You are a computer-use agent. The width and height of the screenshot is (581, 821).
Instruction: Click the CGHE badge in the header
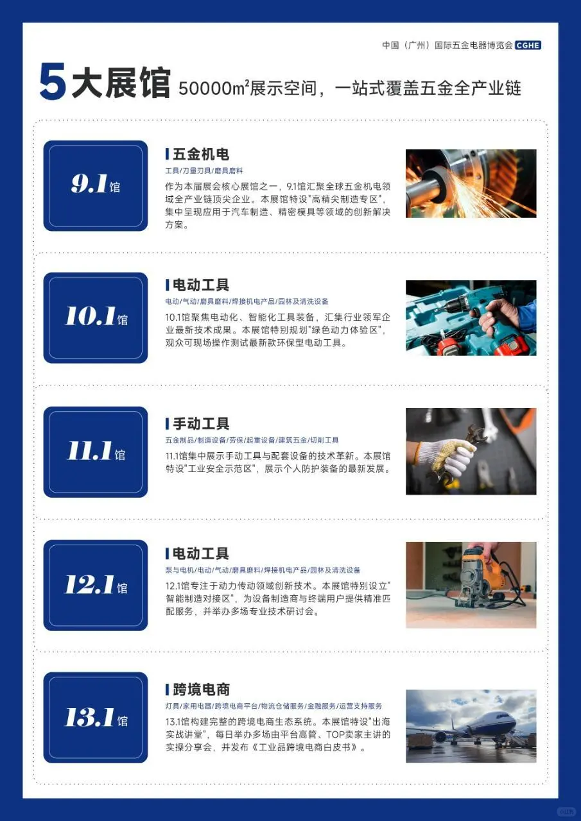pos(528,45)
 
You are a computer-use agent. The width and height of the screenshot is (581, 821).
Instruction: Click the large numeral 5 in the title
pos(53,83)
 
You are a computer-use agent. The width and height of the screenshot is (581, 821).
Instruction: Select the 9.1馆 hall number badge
pos(96,185)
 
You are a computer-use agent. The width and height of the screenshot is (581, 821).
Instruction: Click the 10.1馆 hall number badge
pos(96,317)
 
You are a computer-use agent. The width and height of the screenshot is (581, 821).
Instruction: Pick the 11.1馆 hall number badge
pos(96,452)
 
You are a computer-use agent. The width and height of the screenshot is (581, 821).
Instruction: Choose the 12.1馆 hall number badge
pos(96,585)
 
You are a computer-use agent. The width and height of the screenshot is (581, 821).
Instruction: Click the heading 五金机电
pos(201,155)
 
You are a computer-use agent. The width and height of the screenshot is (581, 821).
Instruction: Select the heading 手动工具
pos(201,424)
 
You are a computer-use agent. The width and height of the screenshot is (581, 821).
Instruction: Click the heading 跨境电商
pos(201,690)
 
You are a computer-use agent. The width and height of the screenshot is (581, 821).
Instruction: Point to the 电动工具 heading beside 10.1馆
pos(201,285)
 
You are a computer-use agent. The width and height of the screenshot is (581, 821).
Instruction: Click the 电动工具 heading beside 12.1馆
pos(201,554)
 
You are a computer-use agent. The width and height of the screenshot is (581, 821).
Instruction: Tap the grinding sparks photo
pos(471,183)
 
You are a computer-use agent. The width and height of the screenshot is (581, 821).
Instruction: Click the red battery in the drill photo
pos(511,346)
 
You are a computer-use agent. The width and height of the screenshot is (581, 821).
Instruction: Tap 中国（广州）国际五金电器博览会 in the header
pos(447,46)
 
